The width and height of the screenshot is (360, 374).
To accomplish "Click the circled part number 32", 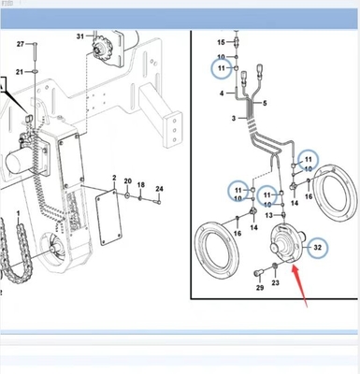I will (318, 247).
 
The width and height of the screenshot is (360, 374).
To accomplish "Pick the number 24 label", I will (159, 190).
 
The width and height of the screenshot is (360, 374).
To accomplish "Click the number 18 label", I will (141, 186).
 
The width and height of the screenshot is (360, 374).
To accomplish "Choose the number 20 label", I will (127, 181).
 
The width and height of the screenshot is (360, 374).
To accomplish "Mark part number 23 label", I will (274, 282).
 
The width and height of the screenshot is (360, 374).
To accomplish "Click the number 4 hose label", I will (223, 94).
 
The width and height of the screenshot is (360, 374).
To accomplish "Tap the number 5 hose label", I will (266, 103).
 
